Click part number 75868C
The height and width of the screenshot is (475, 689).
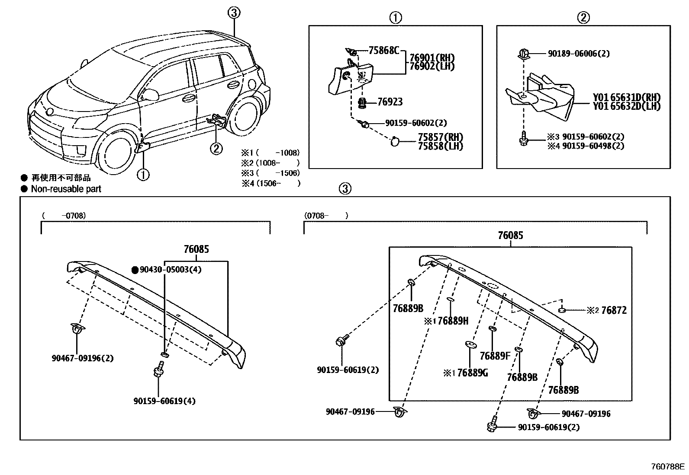click(x=383, y=51)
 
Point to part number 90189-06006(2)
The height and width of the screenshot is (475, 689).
click(x=579, y=54)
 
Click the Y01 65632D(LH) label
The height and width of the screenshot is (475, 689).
click(x=627, y=106)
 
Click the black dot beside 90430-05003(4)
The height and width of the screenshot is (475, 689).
click(x=135, y=270)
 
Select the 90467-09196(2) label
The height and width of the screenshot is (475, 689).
click(x=83, y=358)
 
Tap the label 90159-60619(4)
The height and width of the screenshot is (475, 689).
click(x=164, y=401)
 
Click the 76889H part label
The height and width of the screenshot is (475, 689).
click(x=453, y=321)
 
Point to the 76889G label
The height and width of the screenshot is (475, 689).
click(x=472, y=373)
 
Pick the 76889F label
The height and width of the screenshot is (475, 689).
click(x=495, y=356)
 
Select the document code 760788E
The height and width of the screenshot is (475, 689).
click(x=668, y=467)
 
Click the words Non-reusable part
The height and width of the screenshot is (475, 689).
click(x=66, y=189)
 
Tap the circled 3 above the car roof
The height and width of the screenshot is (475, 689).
click(x=234, y=13)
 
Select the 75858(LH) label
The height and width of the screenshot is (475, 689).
click(x=440, y=147)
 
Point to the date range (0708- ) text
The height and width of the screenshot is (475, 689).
click(x=325, y=215)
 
